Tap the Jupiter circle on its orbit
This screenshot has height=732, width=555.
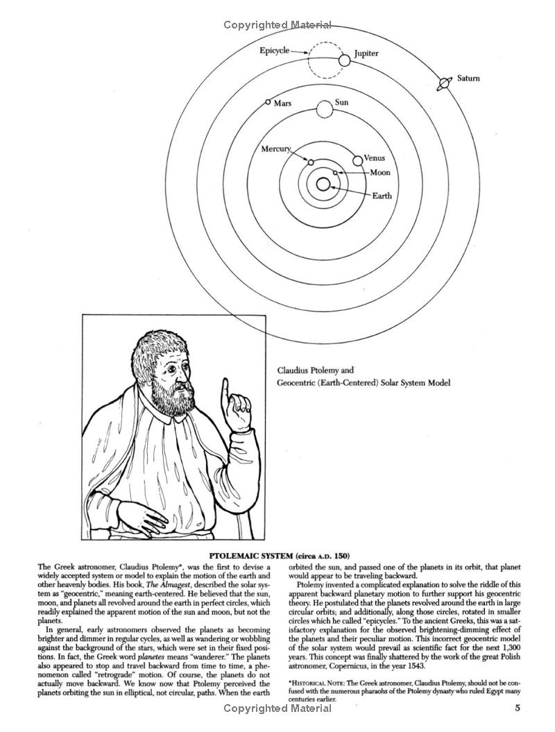click(x=345, y=61)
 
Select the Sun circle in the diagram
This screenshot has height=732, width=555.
click(x=324, y=110)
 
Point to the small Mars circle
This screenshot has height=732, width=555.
click(x=268, y=102)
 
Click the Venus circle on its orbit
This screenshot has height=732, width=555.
click(x=358, y=160)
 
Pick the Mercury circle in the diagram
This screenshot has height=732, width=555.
click(x=311, y=162)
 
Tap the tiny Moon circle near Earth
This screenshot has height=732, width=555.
click(x=335, y=172)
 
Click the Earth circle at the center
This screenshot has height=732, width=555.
click(x=323, y=185)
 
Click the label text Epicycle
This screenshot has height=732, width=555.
click(x=274, y=51)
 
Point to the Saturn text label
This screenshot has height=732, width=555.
click(x=468, y=78)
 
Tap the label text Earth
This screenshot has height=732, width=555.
click(x=382, y=196)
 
